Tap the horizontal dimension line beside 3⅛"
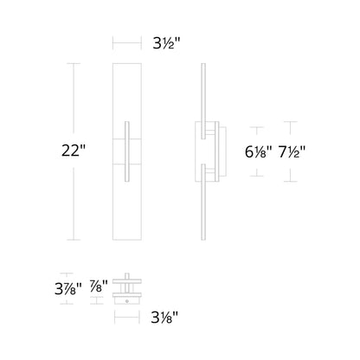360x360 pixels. pyautogui.click(x=126, y=317)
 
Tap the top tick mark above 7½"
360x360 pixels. pyautogui.click(x=292, y=122)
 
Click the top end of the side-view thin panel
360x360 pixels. pyautogui.click(x=202, y=64)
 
